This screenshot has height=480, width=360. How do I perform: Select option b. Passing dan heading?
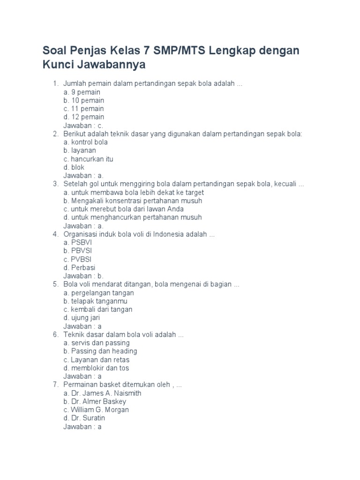(x=100, y=351)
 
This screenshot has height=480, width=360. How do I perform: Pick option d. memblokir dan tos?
(x=96, y=368)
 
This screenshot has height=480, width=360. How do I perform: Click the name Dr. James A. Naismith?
(x=106, y=393)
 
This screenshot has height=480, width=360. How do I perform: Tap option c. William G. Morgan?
(x=96, y=410)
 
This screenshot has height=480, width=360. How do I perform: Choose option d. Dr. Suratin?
(x=84, y=418)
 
